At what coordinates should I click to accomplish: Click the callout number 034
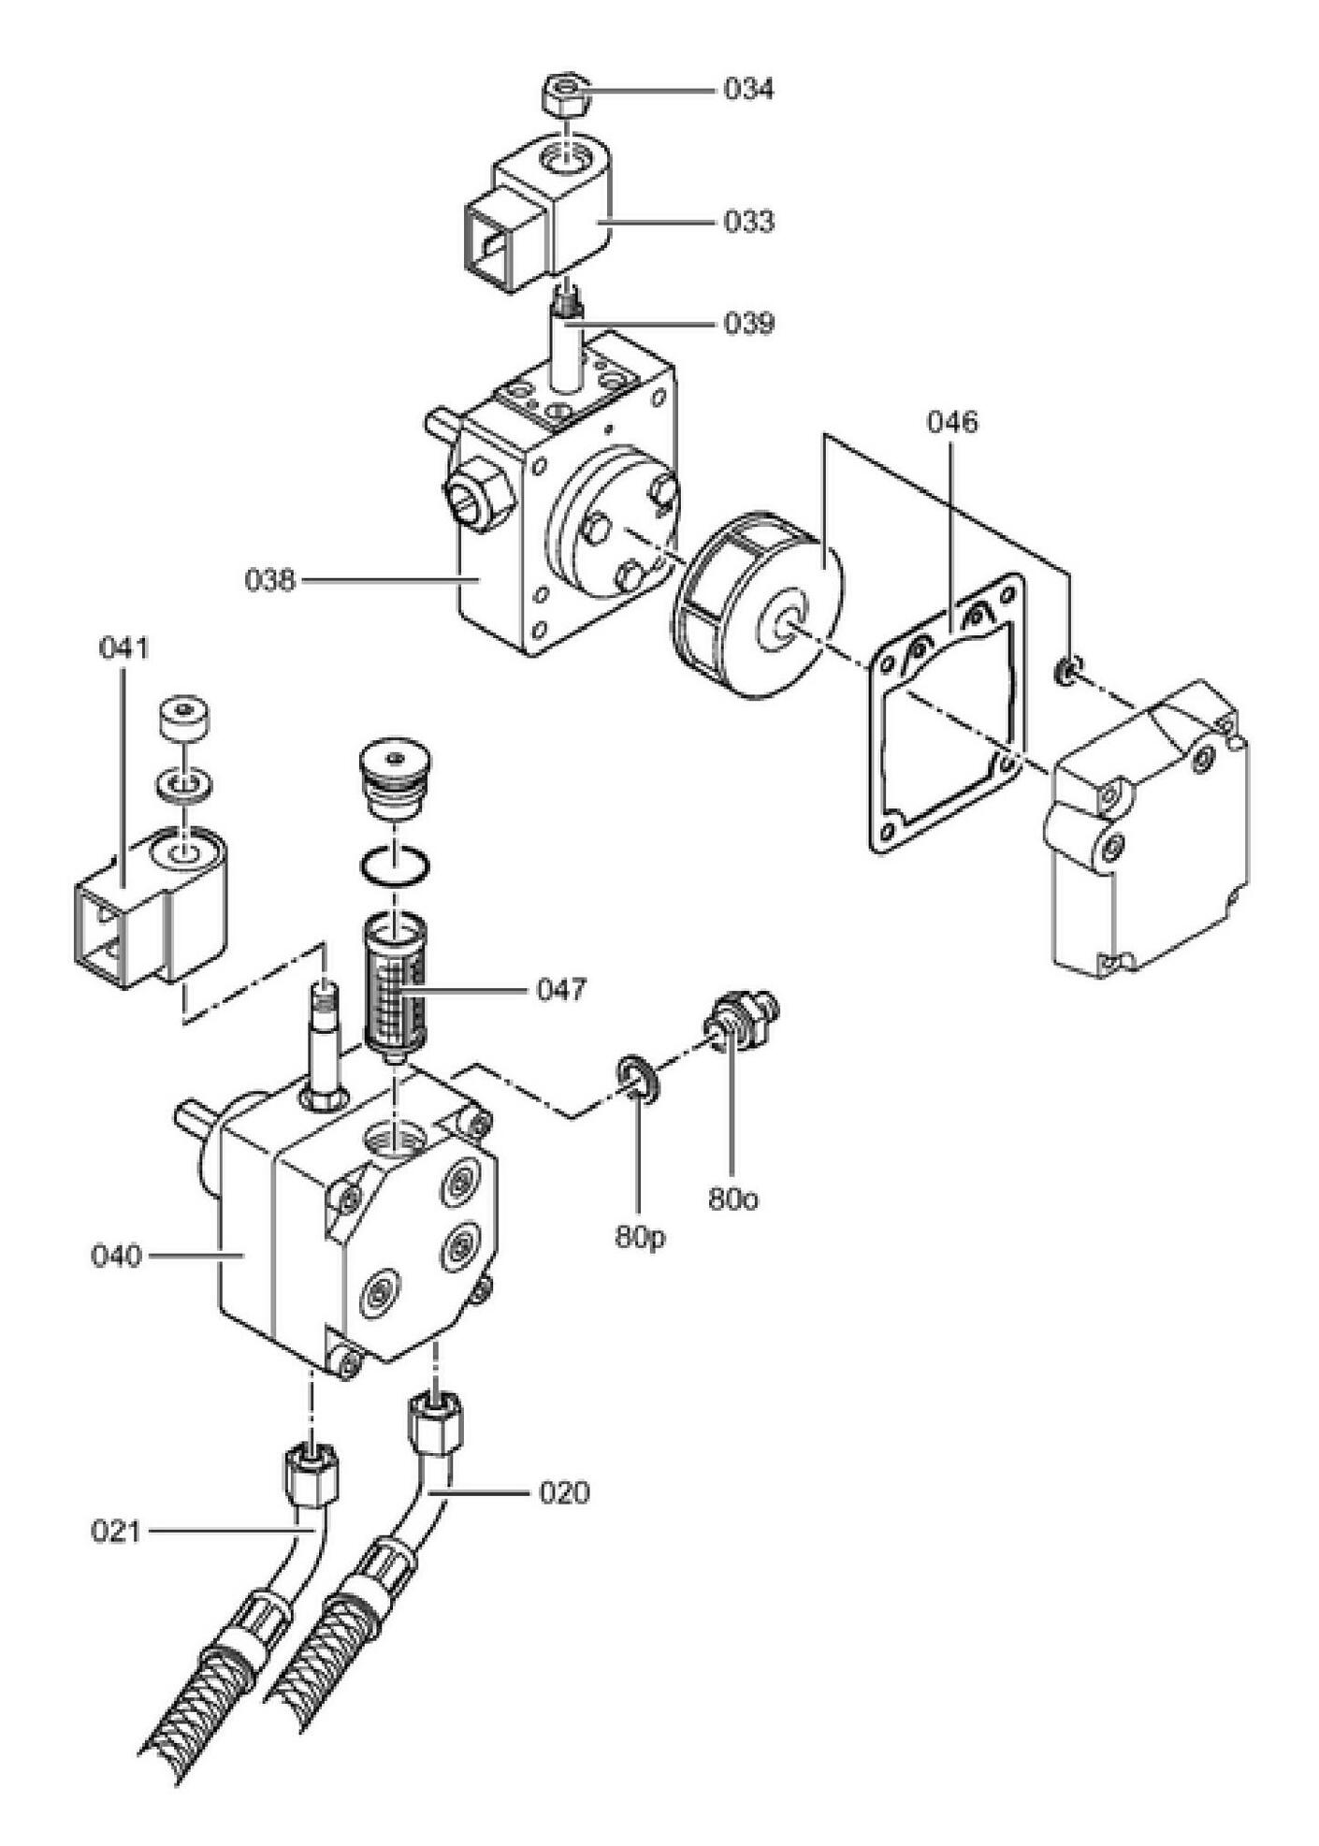[x=748, y=90]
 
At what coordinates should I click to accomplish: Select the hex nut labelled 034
[x=566, y=94]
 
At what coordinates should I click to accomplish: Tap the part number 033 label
[x=748, y=222]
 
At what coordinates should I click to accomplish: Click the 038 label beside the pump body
[x=270, y=580]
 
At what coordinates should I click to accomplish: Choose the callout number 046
[x=951, y=422]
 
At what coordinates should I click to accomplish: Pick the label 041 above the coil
[x=124, y=647]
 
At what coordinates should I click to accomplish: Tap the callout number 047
[x=561, y=989]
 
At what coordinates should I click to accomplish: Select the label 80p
[x=640, y=1237]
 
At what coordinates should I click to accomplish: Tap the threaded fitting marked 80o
[x=742, y=1021]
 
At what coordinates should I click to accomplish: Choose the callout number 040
[x=116, y=1255]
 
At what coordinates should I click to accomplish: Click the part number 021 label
[x=116, y=1531]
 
